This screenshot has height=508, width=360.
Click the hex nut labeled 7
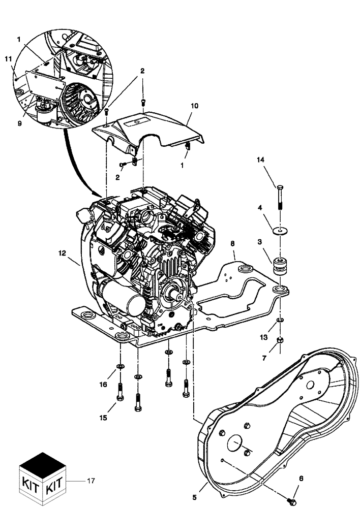[x=279, y=340]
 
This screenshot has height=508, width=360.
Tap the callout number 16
[x=103, y=385]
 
